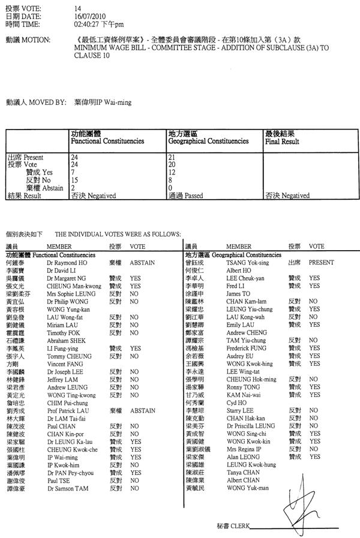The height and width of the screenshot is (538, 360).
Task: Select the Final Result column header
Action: (281, 138)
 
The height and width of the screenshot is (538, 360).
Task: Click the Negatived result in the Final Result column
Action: (287, 195)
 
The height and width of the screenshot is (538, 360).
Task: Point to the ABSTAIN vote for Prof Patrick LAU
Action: (141, 411)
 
